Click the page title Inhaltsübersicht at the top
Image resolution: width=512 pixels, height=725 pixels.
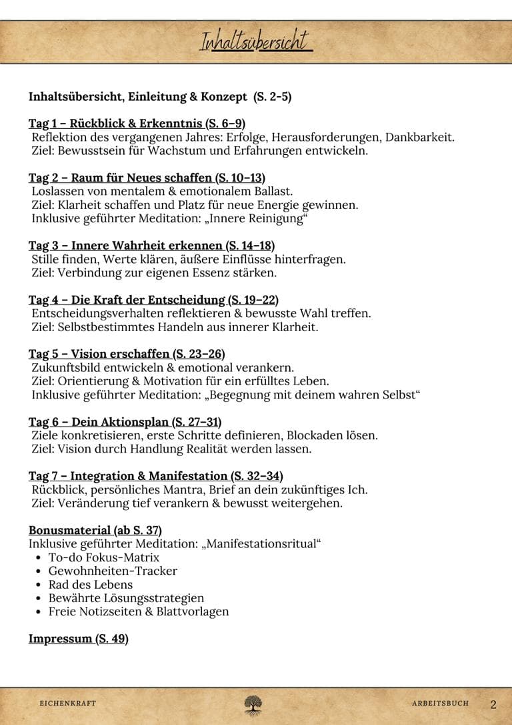click(255, 41)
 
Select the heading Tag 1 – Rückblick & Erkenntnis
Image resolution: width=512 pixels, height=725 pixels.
click(137, 124)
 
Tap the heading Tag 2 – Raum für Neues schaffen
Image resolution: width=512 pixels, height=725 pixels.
click(147, 178)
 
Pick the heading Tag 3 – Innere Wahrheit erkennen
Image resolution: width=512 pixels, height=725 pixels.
click(151, 246)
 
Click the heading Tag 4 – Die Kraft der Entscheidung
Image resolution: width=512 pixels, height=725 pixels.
click(153, 300)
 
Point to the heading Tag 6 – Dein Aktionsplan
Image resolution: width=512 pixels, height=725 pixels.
click(125, 422)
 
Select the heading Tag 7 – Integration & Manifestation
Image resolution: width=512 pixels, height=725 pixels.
click(155, 476)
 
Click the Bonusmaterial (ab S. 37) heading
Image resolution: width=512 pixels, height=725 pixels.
click(95, 531)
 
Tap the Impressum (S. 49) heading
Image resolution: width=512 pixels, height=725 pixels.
click(78, 639)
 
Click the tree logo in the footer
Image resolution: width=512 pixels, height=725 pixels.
click(253, 704)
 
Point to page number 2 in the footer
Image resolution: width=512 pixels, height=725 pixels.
click(493, 704)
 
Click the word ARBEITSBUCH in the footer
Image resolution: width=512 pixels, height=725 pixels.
click(440, 704)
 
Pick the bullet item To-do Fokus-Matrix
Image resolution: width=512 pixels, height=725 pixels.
click(104, 557)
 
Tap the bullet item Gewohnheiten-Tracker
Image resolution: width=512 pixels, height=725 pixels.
click(113, 571)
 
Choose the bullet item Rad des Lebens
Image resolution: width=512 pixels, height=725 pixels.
click(91, 585)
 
